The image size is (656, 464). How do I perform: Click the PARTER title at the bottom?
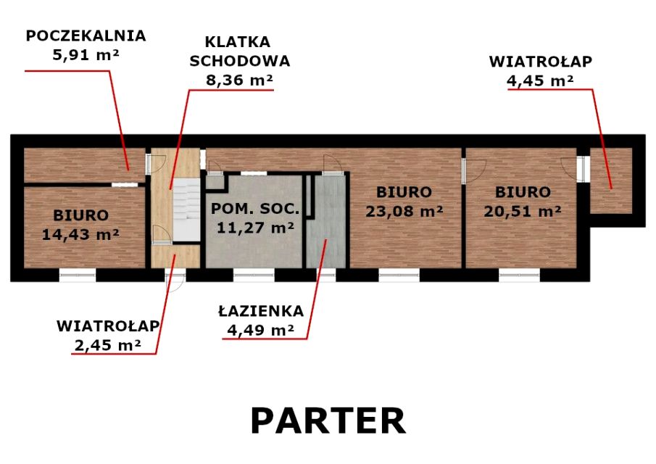tap(328, 421)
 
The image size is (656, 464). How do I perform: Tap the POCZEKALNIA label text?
tap(86, 36)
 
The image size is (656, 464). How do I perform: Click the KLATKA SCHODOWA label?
tap(239, 51)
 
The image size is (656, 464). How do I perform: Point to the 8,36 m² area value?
tap(239, 80)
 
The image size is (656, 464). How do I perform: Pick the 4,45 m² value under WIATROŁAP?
tap(540, 80)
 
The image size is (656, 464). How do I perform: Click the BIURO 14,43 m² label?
tap(81, 225)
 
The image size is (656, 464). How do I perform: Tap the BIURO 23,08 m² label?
tap(404, 202)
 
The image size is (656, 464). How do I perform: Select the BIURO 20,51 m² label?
tap(523, 202)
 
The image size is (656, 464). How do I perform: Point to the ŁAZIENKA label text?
tap(261, 311)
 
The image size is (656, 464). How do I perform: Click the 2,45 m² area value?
tap(107, 344)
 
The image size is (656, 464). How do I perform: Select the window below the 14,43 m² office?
tap(78, 275)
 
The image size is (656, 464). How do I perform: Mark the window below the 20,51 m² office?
tap(519, 275)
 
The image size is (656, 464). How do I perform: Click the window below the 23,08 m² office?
tap(399, 275)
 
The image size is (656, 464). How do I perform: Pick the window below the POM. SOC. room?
tap(253, 275)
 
